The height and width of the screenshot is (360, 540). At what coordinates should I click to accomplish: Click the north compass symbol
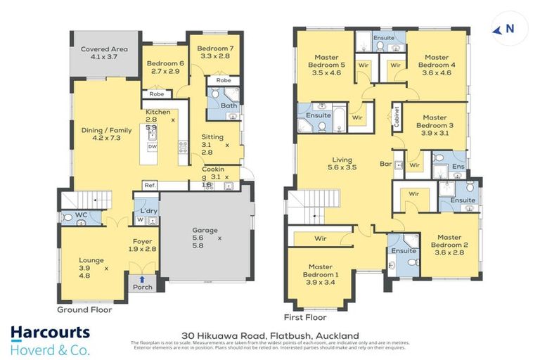(x=504, y=29)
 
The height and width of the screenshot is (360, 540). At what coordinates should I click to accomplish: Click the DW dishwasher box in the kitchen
(x=152, y=147)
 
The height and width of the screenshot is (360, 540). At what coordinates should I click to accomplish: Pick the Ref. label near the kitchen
(x=149, y=186)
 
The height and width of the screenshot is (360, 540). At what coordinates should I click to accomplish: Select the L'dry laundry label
(x=148, y=212)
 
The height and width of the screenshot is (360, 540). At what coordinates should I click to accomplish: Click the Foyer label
(x=143, y=246)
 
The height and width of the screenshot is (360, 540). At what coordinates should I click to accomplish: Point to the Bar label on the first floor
(x=385, y=164)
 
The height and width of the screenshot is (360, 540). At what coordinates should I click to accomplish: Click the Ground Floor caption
(x=84, y=309)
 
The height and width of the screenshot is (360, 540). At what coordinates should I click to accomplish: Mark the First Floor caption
(x=306, y=317)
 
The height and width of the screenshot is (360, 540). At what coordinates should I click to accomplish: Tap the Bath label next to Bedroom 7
(x=229, y=106)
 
